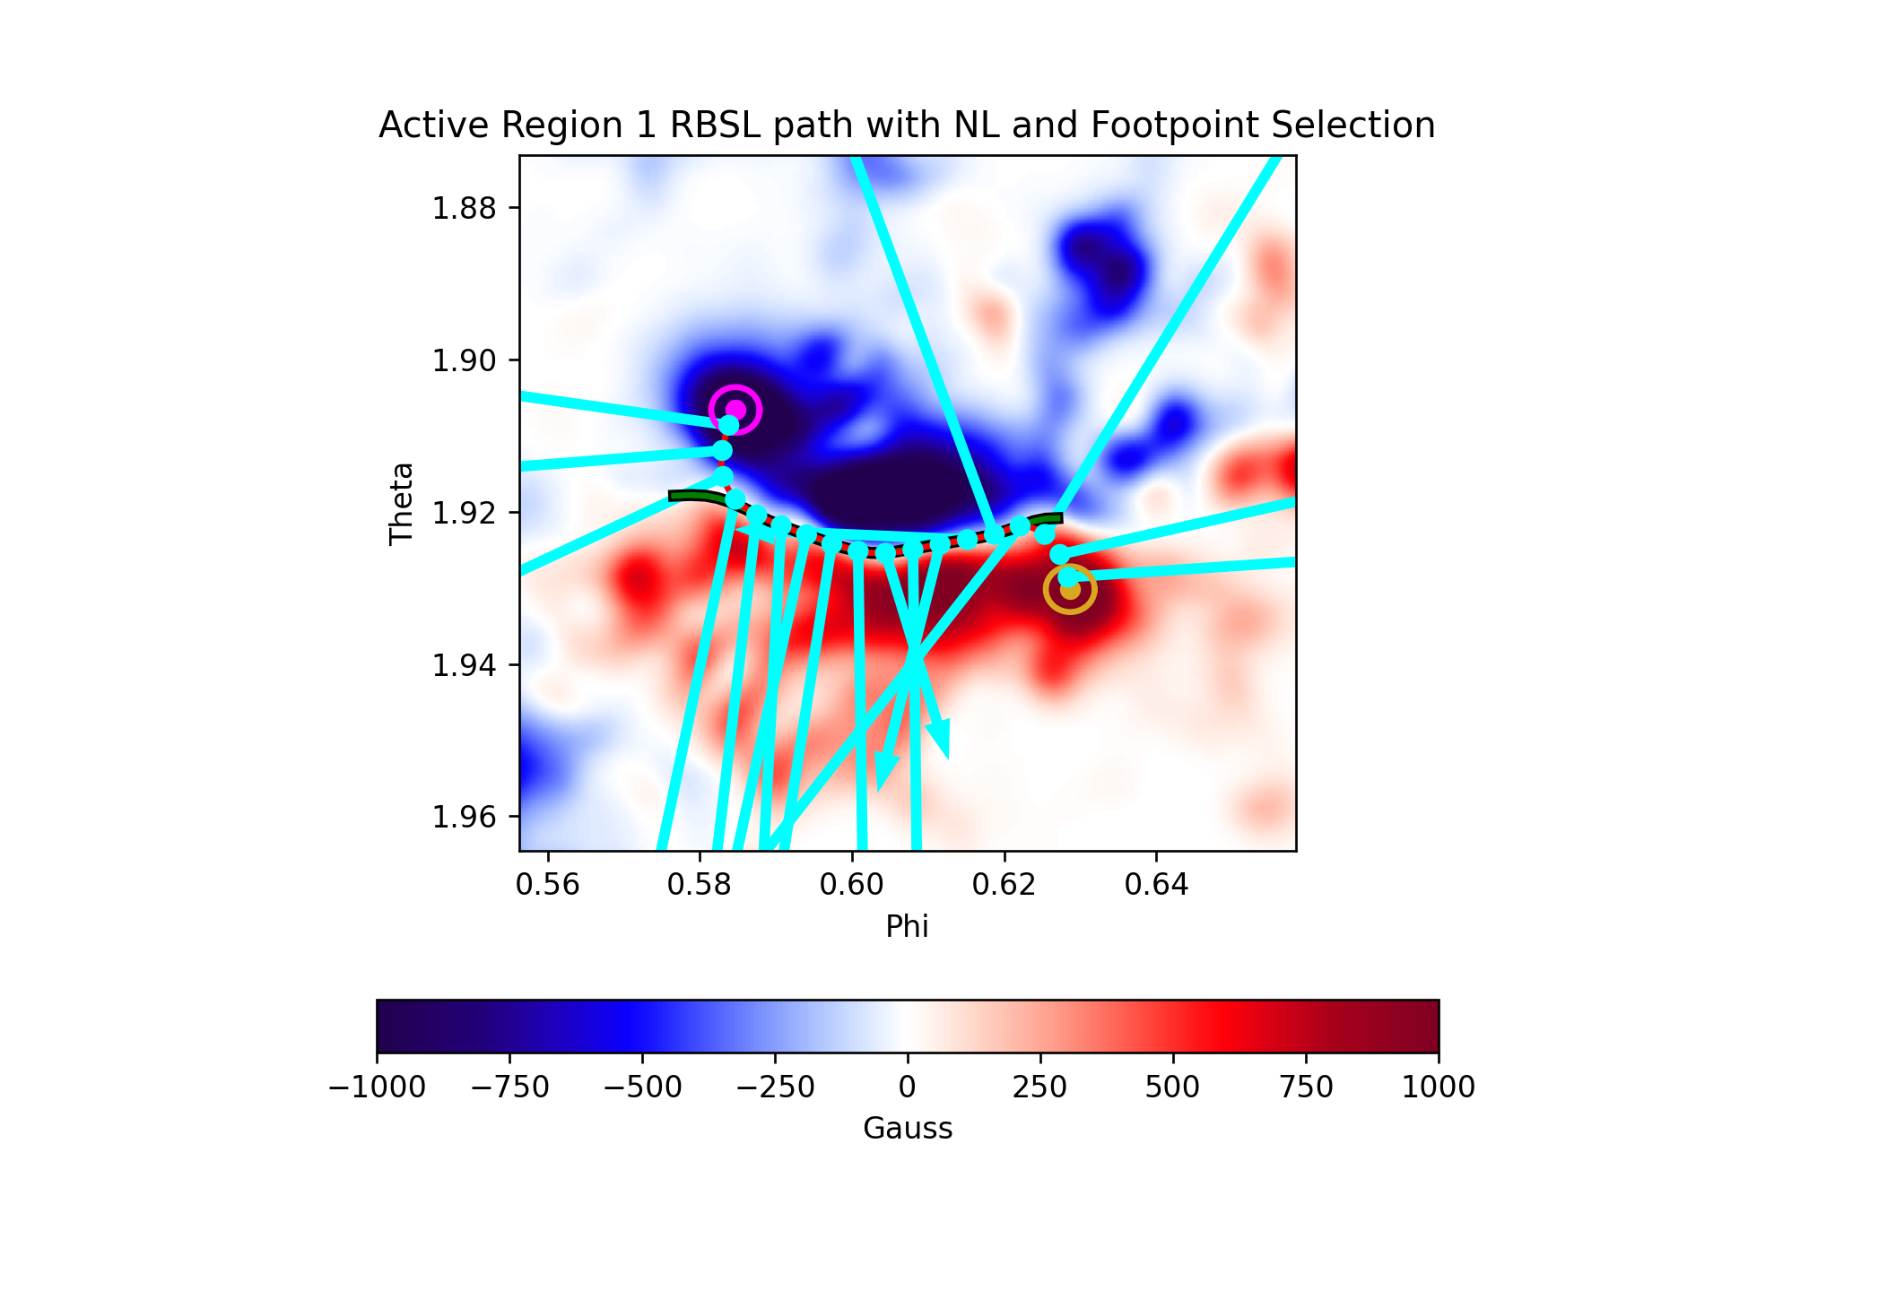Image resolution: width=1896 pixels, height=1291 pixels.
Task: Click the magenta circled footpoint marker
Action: coord(735,410)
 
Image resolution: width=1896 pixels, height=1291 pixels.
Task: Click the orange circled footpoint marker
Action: coord(1070,589)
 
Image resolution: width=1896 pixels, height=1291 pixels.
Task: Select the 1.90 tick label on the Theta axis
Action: coord(464,360)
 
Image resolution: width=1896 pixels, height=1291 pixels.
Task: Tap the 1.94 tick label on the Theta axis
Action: coord(464,664)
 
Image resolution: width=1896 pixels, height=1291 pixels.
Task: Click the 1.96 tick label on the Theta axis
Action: coord(464,817)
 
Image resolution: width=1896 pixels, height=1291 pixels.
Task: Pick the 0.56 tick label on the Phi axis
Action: coord(547,885)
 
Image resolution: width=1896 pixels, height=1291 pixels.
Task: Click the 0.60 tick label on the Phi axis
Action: coord(851,885)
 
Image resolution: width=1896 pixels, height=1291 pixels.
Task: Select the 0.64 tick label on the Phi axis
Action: coord(1156,885)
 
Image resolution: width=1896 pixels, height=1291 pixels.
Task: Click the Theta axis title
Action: coord(401,503)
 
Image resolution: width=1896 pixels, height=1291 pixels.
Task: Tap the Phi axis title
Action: coord(907,926)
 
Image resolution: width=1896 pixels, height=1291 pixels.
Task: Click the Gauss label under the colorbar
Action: coord(908,1128)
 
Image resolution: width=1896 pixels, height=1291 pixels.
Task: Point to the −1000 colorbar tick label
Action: coord(377,1087)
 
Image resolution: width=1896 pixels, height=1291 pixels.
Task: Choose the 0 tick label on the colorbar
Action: coord(908,1087)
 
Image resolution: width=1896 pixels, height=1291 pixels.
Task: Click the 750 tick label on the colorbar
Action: coord(1306,1087)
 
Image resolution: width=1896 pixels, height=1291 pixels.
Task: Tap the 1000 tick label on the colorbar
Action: coord(1439,1087)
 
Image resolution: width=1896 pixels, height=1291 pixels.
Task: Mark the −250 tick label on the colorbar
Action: coord(775,1087)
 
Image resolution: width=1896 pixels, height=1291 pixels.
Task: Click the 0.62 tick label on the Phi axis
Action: coord(1004,885)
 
